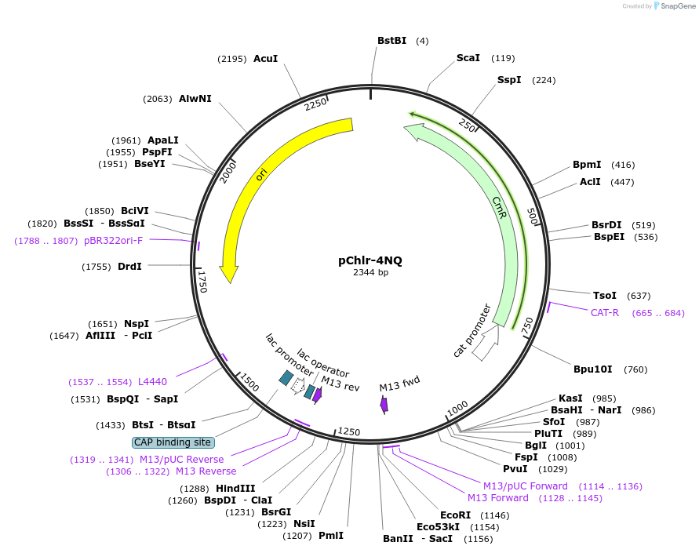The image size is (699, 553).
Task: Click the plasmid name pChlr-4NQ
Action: pyautogui.click(x=370, y=260)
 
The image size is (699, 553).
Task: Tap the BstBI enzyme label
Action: pyautogui.click(x=392, y=41)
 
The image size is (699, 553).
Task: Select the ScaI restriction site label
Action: pyautogui.click(x=468, y=58)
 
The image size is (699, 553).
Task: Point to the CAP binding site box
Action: pyautogui.click(x=173, y=442)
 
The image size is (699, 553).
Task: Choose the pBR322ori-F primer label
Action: pyautogui.click(x=114, y=241)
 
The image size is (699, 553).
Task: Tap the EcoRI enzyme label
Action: pyautogui.click(x=455, y=515)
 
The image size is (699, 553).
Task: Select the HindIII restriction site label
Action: pyautogui.click(x=235, y=489)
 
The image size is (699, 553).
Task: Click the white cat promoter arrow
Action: pyautogui.click(x=486, y=342)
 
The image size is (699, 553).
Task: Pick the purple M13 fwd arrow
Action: pyautogui.click(x=384, y=405)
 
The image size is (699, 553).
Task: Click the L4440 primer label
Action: pyautogui.click(x=152, y=382)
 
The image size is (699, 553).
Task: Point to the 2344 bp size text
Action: pyautogui.click(x=370, y=273)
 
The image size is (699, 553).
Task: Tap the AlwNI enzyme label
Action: pyautogui.click(x=195, y=99)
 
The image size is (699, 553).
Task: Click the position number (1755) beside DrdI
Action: pyautogui.click(x=96, y=267)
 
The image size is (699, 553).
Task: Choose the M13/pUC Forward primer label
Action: pyautogui.click(x=526, y=486)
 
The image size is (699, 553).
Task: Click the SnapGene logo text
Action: pyautogui.click(x=675, y=6)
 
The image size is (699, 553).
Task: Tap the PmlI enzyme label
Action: pyautogui.click(x=331, y=536)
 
